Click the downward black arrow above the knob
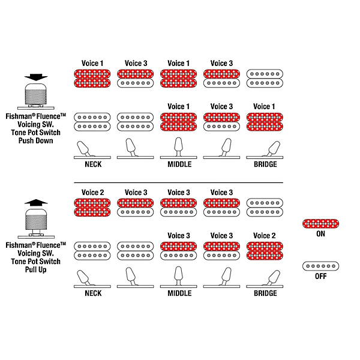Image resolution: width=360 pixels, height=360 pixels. click(x=36, y=77)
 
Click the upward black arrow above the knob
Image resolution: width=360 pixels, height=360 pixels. click(x=36, y=203)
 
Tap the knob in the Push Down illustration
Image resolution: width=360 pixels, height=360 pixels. click(x=36, y=94)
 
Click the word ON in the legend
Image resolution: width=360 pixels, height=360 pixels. click(x=320, y=234)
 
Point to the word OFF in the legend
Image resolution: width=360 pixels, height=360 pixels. click(x=320, y=276)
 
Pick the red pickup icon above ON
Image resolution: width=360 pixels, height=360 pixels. click(x=320, y=224)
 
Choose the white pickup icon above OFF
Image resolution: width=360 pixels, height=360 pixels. click(x=320, y=266)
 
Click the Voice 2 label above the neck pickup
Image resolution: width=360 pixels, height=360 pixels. click(x=93, y=193)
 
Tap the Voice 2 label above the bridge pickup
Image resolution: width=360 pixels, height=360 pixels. click(x=264, y=236)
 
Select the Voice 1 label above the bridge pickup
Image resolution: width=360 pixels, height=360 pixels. click(x=264, y=107)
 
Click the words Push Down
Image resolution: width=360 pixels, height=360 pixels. click(x=36, y=140)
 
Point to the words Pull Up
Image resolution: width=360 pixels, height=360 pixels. click(x=36, y=269)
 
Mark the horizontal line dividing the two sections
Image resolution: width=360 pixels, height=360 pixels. click(x=178, y=183)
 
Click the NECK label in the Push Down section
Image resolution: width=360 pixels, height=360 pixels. click(x=93, y=164)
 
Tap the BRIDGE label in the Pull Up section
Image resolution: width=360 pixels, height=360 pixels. click(x=265, y=293)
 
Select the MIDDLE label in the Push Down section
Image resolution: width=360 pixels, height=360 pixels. click(x=179, y=164)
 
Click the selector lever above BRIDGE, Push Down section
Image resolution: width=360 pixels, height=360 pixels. click(x=273, y=149)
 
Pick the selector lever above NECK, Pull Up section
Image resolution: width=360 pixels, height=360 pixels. click(x=83, y=278)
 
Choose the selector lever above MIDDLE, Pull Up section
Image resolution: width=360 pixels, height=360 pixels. click(x=178, y=276)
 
